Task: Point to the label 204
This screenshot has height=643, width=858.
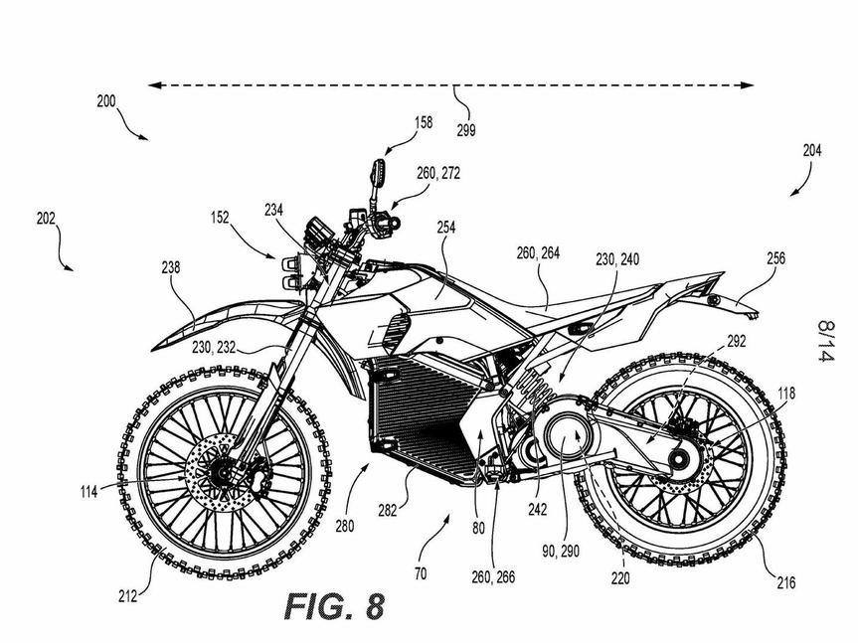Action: click(x=812, y=151)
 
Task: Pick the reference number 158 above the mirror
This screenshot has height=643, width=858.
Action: click(x=424, y=123)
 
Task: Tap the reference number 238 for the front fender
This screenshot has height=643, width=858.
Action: click(x=172, y=266)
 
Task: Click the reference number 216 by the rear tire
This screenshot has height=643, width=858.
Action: click(x=785, y=583)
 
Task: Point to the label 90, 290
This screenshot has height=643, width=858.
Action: click(x=562, y=551)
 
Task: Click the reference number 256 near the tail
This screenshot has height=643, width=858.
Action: click(x=774, y=258)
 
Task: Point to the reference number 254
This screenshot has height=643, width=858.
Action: click(x=445, y=228)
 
